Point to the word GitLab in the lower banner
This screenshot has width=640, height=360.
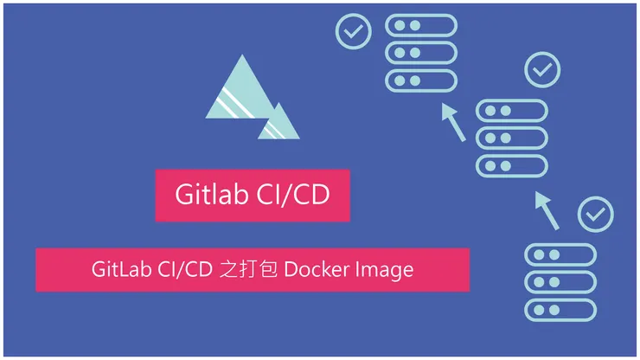pyautogui.click(x=121, y=269)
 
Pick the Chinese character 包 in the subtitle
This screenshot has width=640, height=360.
pyautogui.click(x=269, y=269)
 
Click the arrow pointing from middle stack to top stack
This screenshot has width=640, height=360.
pyautogui.click(x=453, y=122)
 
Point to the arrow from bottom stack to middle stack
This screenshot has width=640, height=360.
pyautogui.click(x=547, y=210)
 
